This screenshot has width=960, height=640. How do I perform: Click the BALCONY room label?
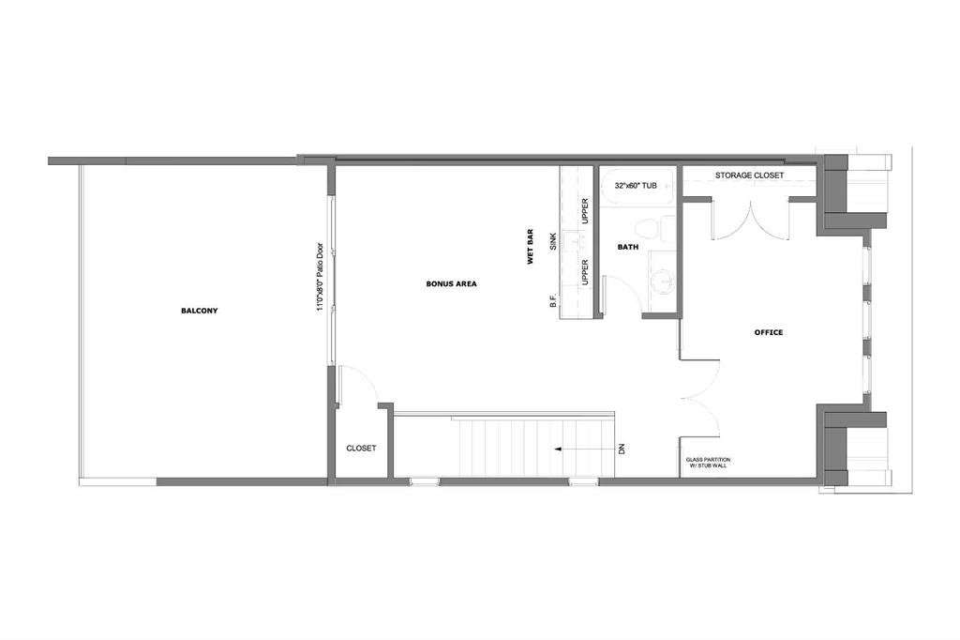click(x=199, y=311)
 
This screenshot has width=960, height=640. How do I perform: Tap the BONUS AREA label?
click(x=451, y=283)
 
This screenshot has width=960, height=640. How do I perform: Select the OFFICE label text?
click(x=769, y=332)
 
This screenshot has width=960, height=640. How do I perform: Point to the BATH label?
click(x=627, y=247)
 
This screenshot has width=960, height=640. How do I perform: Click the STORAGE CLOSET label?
click(x=749, y=175)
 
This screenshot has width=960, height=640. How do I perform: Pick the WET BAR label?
click(x=531, y=247)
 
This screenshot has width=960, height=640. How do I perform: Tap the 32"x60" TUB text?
click(x=636, y=185)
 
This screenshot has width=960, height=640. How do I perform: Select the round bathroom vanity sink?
click(x=662, y=282)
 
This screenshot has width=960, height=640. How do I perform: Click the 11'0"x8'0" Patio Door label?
click(x=320, y=277)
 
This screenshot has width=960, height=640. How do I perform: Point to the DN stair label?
click(x=622, y=449)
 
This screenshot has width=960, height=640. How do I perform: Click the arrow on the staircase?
click(x=584, y=450)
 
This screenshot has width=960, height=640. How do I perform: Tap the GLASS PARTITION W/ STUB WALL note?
click(x=708, y=463)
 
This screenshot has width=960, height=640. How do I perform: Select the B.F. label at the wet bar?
click(x=553, y=301)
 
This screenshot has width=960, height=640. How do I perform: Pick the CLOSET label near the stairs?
click(x=361, y=449)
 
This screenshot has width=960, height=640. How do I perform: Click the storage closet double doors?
click(x=751, y=221)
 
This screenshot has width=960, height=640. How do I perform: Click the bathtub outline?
click(x=636, y=185)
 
